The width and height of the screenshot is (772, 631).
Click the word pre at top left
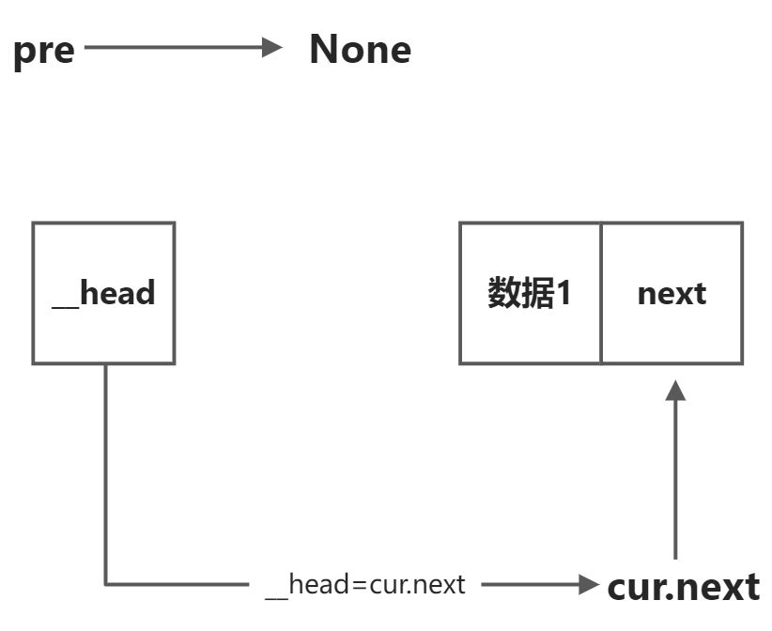(x=43, y=50)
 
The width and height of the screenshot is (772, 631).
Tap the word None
(x=360, y=49)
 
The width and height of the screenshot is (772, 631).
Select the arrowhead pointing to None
(x=272, y=47)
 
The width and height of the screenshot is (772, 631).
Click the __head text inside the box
(x=103, y=293)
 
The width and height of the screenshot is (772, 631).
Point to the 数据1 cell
(x=530, y=293)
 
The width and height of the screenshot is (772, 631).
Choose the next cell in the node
(x=672, y=293)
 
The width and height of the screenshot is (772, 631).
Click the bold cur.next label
(x=683, y=587)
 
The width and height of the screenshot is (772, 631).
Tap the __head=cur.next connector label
(x=364, y=585)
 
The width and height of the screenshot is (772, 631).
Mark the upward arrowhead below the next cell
(x=675, y=391)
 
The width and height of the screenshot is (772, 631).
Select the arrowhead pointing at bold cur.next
(x=589, y=585)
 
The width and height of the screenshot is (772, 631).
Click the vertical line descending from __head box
(x=104, y=469)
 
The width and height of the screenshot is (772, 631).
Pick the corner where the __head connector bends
(x=104, y=584)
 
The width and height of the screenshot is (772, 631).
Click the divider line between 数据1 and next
(x=601, y=293)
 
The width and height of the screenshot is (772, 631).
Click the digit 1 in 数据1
(x=564, y=293)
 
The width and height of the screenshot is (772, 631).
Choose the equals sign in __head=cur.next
(x=361, y=586)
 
